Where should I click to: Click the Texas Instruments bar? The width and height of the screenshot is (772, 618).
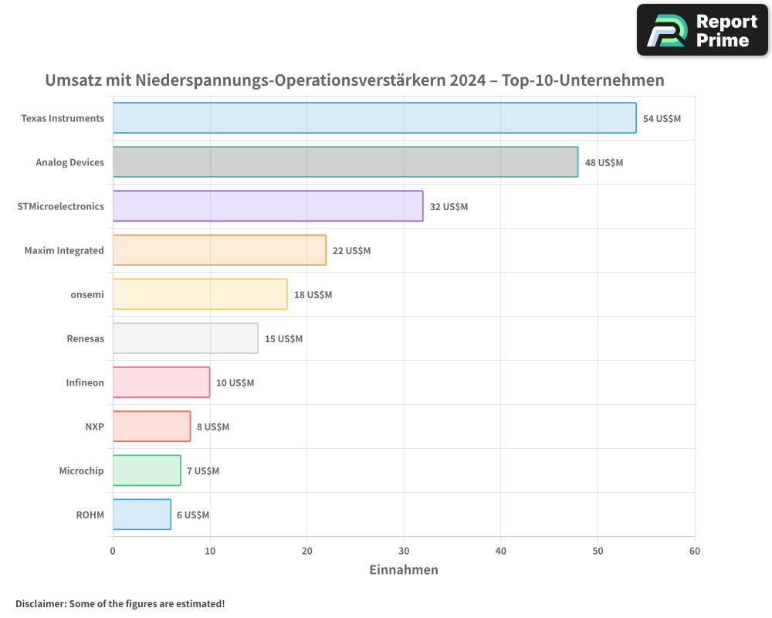pos(374,118)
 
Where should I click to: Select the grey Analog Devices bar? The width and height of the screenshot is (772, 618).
pos(345,162)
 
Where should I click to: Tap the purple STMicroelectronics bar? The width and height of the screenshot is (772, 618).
pos(268,206)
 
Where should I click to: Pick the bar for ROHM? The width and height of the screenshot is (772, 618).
pos(141,514)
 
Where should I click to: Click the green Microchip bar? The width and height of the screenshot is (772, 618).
pos(147,470)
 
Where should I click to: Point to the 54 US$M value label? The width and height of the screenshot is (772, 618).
pos(662,119)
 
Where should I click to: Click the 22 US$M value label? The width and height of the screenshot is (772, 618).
pos(351,251)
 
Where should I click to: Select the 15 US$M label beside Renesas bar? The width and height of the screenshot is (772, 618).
pos(283,339)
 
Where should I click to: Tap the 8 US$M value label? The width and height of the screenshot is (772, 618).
pos(212,427)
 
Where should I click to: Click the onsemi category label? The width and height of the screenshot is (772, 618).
pos(86,294)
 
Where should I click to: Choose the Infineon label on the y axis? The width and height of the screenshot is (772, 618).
pos(85,382)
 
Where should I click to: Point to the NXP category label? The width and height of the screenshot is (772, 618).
pos(94,426)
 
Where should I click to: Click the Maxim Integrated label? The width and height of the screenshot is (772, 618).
pos(64,250)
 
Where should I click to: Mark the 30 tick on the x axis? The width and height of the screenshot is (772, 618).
pos(404,552)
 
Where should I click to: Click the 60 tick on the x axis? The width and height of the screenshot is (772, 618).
pos(694,552)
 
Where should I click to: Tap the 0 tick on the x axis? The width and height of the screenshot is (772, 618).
pos(113,552)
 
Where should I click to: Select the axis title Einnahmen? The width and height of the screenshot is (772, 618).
pos(404,570)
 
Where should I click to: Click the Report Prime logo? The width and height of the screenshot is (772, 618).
pos(702,30)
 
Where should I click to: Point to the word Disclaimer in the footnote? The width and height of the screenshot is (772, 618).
pos(40,603)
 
